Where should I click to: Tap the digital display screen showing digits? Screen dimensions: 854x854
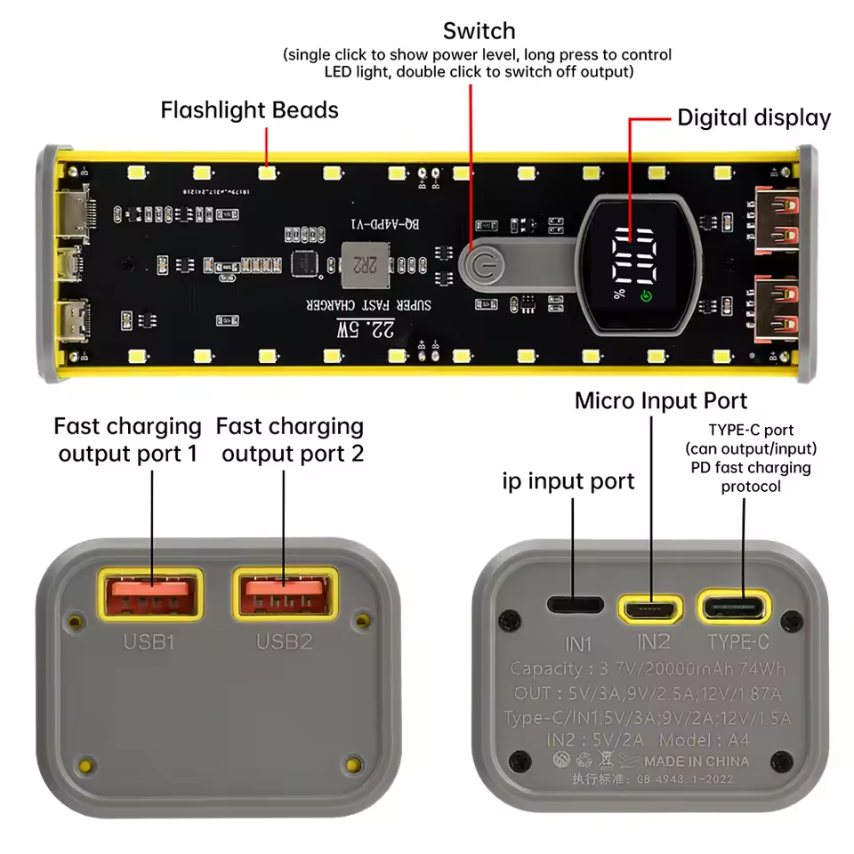pyautogui.click(x=634, y=264)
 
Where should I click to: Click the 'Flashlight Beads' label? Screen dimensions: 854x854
pyautogui.click(x=249, y=110)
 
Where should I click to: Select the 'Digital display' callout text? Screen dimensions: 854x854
pyautogui.click(x=753, y=118)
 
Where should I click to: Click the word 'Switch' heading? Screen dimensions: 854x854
pyautogui.click(x=479, y=31)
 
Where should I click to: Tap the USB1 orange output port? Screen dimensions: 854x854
pyautogui.click(x=150, y=594)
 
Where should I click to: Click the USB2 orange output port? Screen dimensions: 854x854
pyautogui.click(x=284, y=594)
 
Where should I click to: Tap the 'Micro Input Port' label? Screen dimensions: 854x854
pyautogui.click(x=661, y=400)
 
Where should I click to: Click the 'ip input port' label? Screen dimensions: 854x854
pyautogui.click(x=568, y=482)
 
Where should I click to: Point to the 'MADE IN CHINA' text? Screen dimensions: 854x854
pyautogui.click(x=697, y=761)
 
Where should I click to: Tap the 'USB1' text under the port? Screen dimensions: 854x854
pyautogui.click(x=150, y=640)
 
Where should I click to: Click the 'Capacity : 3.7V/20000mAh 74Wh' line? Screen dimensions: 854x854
pyautogui.click(x=647, y=670)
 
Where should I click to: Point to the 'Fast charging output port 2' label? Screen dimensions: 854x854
pyautogui.click(x=292, y=440)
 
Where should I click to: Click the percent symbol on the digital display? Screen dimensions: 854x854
pyautogui.click(x=618, y=294)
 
